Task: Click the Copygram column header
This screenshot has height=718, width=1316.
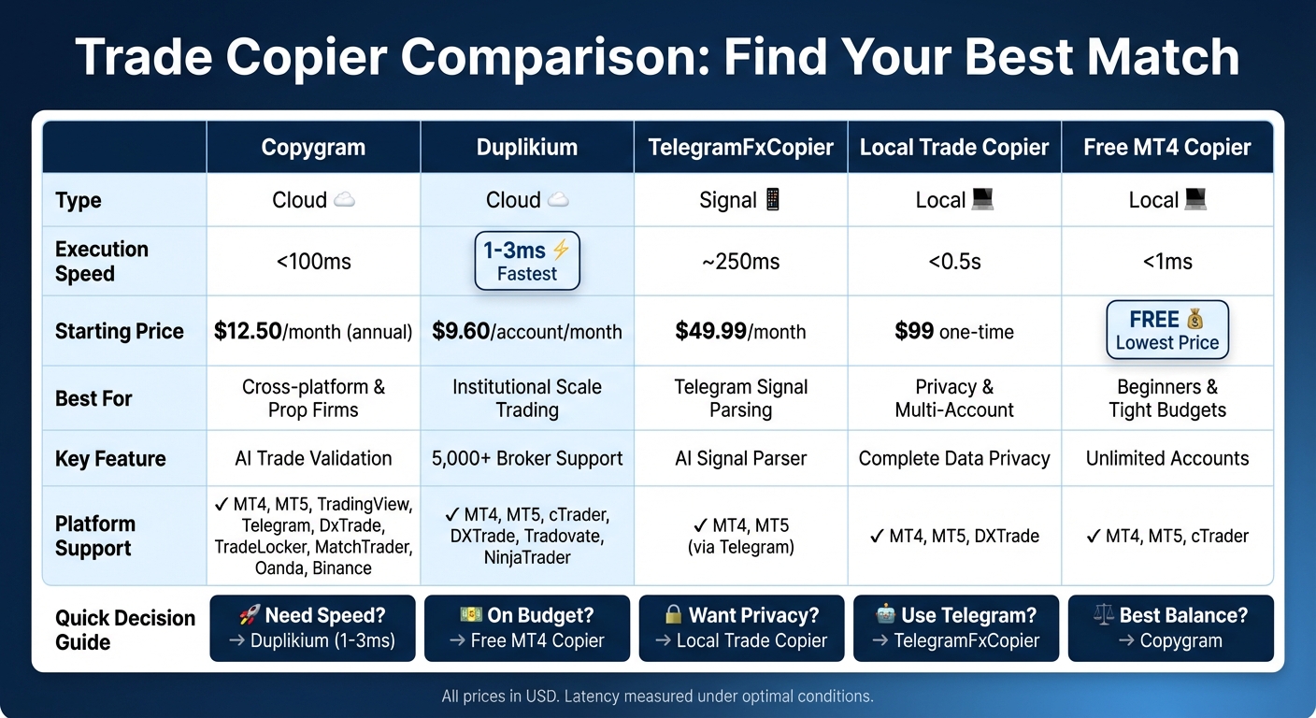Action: click(x=313, y=148)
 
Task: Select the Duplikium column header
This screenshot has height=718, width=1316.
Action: click(x=527, y=148)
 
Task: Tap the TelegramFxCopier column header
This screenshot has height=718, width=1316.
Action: click(x=740, y=148)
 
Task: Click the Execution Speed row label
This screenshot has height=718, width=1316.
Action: click(x=102, y=262)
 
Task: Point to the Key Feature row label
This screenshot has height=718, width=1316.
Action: click(x=110, y=459)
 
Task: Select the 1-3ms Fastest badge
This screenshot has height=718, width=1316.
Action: click(x=527, y=261)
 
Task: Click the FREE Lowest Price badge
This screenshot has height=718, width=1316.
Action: click(x=1166, y=330)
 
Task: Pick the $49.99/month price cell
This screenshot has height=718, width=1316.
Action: click(x=740, y=331)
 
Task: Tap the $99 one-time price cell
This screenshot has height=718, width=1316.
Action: click(x=954, y=331)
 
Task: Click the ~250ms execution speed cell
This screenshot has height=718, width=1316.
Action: click(x=740, y=262)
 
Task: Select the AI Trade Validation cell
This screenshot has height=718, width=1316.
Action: click(x=313, y=459)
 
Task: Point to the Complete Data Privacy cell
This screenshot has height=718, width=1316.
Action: click(x=954, y=459)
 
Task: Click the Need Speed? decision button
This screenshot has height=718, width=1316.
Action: click(x=312, y=628)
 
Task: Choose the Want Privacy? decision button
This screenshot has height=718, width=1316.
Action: click(x=741, y=628)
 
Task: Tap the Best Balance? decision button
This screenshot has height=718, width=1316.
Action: click(x=1170, y=628)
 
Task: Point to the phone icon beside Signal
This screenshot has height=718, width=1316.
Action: click(x=773, y=200)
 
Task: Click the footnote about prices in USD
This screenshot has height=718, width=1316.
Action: click(x=657, y=696)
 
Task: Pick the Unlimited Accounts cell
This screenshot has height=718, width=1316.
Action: click(x=1166, y=459)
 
